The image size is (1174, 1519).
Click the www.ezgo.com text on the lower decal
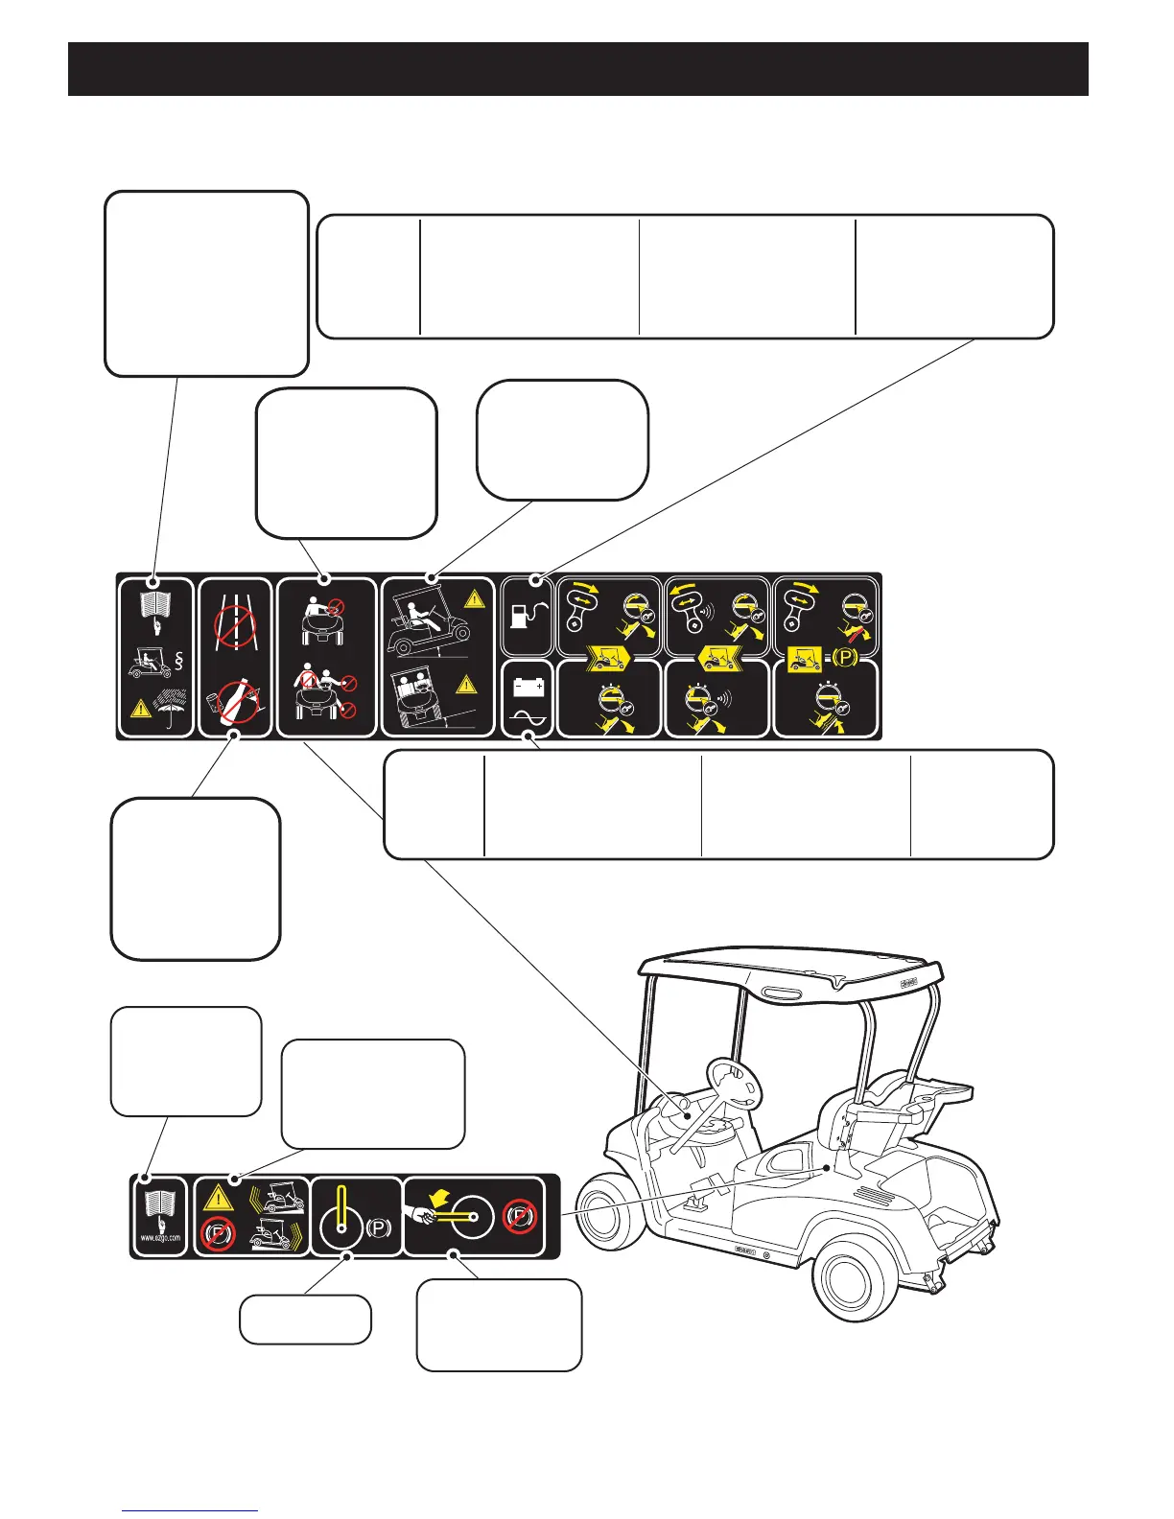coord(160,1237)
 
